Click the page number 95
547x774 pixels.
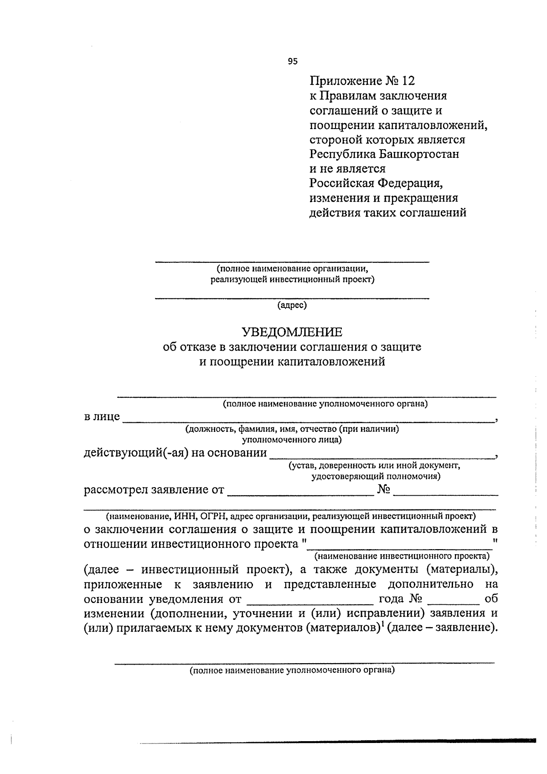pos(293,61)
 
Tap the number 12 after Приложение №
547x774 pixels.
pos(409,81)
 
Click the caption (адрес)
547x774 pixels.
pos(292,305)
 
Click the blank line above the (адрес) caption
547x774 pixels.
pos(292,298)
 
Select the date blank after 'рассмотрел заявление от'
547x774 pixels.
pos(300,494)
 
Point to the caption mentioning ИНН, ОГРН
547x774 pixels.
pos(291,516)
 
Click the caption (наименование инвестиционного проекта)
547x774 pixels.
pos(402,556)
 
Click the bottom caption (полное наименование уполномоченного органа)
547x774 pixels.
pos(292,670)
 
